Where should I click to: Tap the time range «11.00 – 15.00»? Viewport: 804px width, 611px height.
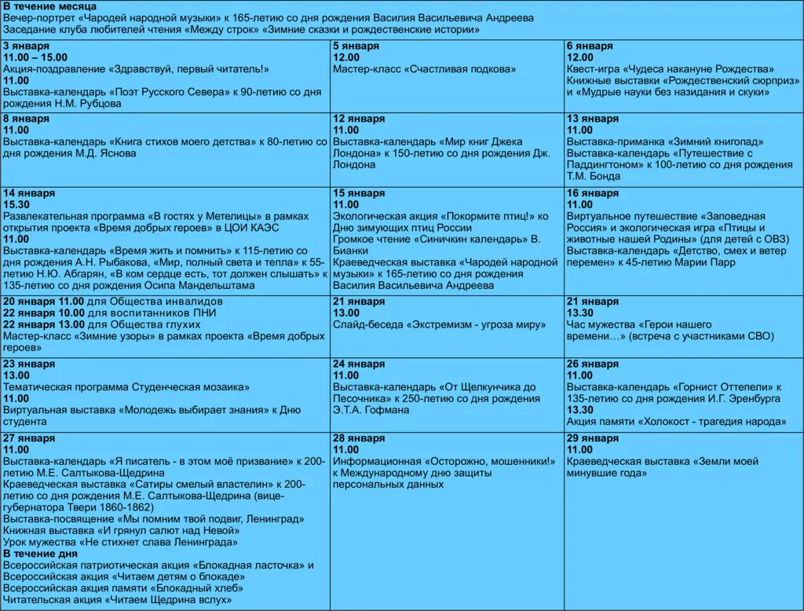click(x=35, y=57)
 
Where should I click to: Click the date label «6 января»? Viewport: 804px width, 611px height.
click(x=589, y=46)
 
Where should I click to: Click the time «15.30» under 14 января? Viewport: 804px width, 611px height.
click(x=16, y=204)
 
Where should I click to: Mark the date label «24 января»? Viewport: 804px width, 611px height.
click(x=359, y=364)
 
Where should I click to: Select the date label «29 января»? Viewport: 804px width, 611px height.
click(x=593, y=438)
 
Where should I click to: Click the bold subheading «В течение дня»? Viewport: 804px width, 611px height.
click(x=41, y=554)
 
